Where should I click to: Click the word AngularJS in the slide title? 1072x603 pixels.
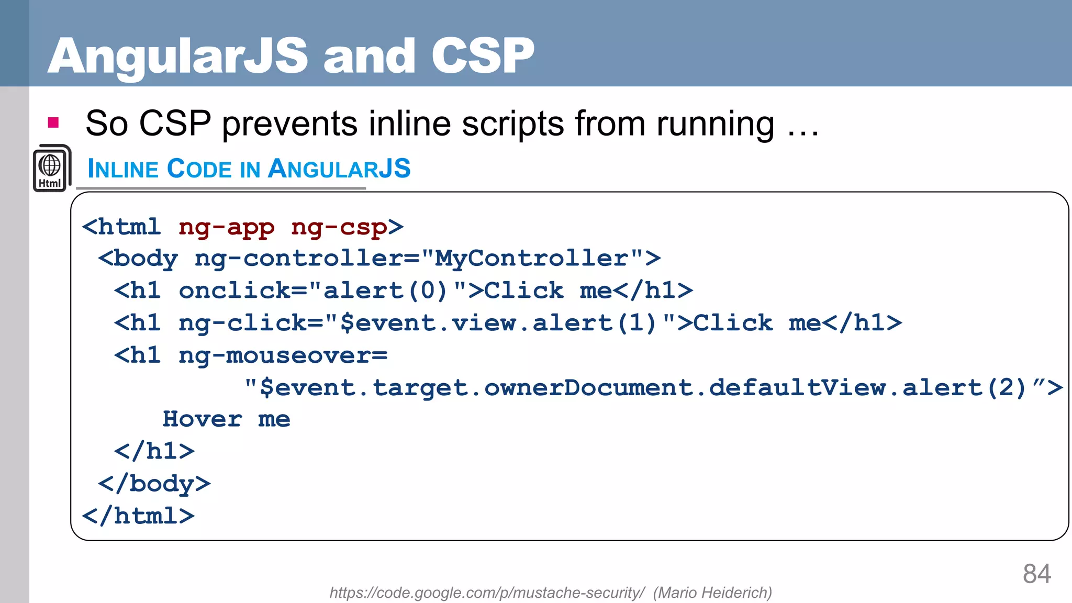178,57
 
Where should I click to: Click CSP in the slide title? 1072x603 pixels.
482,57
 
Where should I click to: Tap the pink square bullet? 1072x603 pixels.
53,123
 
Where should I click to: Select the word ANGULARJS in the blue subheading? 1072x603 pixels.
339,169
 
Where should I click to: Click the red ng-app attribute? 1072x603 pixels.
226,227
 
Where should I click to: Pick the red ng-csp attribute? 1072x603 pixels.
339,227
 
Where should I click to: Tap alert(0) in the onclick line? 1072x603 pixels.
385,291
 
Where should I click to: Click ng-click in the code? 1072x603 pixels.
243,323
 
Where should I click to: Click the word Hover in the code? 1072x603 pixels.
202,419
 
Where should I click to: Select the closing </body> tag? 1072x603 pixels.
154,484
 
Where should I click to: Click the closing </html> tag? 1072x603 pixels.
139,516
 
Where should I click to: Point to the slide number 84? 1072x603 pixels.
1036,574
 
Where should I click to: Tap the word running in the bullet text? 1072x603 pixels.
715,124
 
